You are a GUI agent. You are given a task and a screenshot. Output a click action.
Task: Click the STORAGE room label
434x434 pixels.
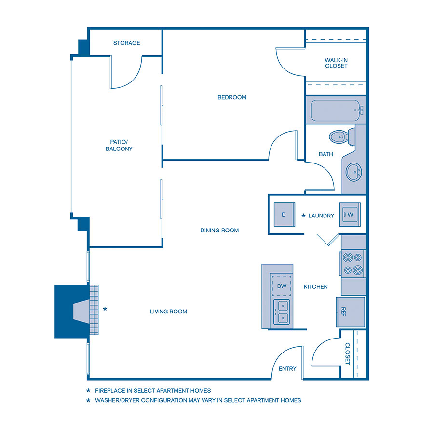point(126,43)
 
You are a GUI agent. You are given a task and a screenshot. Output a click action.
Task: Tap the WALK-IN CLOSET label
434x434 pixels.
point(336,63)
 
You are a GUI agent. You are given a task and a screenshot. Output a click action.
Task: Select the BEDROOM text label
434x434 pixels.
point(231,97)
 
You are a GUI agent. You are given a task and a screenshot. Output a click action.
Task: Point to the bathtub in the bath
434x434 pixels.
point(336,110)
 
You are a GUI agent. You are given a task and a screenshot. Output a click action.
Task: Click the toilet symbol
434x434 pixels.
point(339,136)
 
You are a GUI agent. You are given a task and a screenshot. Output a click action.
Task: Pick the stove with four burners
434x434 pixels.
point(353,264)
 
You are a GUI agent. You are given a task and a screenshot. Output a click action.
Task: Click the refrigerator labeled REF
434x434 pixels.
point(350,312)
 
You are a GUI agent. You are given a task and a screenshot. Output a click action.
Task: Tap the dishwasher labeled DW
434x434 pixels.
point(282,286)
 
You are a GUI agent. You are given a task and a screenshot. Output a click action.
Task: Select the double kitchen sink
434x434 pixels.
point(282,311)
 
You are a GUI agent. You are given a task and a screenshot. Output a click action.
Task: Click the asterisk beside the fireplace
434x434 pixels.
point(105,309)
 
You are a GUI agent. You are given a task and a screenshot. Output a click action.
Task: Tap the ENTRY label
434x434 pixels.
point(287,369)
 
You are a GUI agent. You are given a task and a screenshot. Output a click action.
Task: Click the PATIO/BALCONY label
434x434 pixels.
point(119,145)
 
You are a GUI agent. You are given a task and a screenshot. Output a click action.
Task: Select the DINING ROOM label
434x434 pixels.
point(219,231)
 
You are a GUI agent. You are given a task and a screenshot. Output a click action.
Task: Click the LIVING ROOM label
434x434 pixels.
point(168,312)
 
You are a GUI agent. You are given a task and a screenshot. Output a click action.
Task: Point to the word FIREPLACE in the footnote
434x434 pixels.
point(111,391)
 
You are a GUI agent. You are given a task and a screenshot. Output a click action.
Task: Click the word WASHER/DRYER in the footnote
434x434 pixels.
point(117,400)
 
